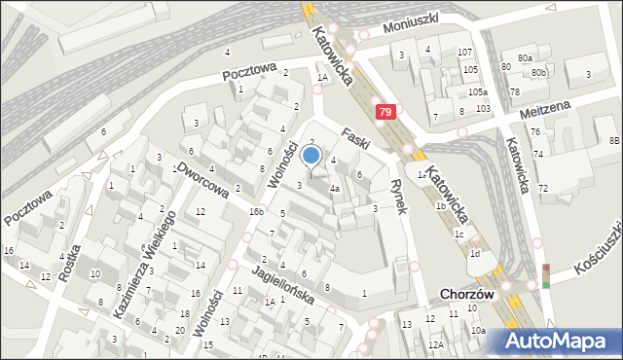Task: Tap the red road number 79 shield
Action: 385,114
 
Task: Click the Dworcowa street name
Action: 203,180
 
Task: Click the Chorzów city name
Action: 467,294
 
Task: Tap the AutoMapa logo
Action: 557,341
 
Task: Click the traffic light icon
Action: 545,275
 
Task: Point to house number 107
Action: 465,52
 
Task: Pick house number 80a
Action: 526,58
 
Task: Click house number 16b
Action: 255,211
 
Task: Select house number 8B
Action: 614,141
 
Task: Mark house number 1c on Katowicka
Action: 458,234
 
